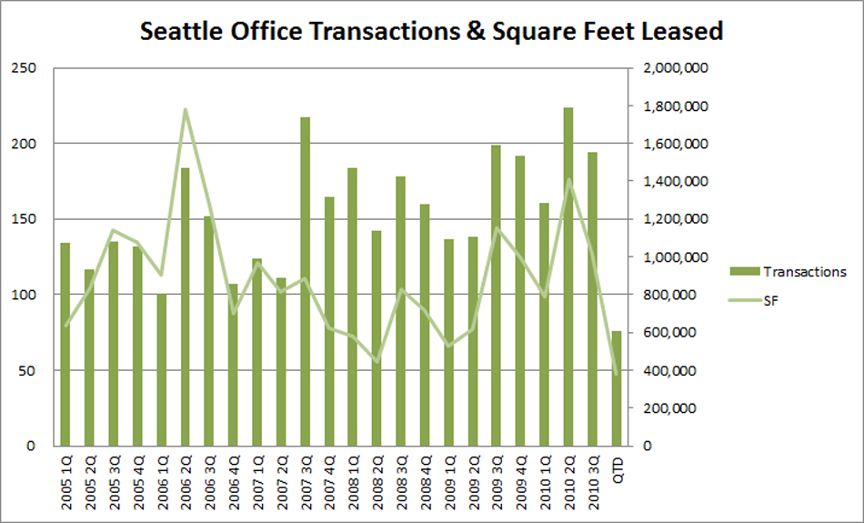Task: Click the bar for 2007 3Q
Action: pyautogui.click(x=305, y=282)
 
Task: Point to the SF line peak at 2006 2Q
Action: pyautogui.click(x=185, y=110)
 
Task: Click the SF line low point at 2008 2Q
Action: pyautogui.click(x=377, y=362)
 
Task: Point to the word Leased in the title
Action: pyautogui.click(x=678, y=32)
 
